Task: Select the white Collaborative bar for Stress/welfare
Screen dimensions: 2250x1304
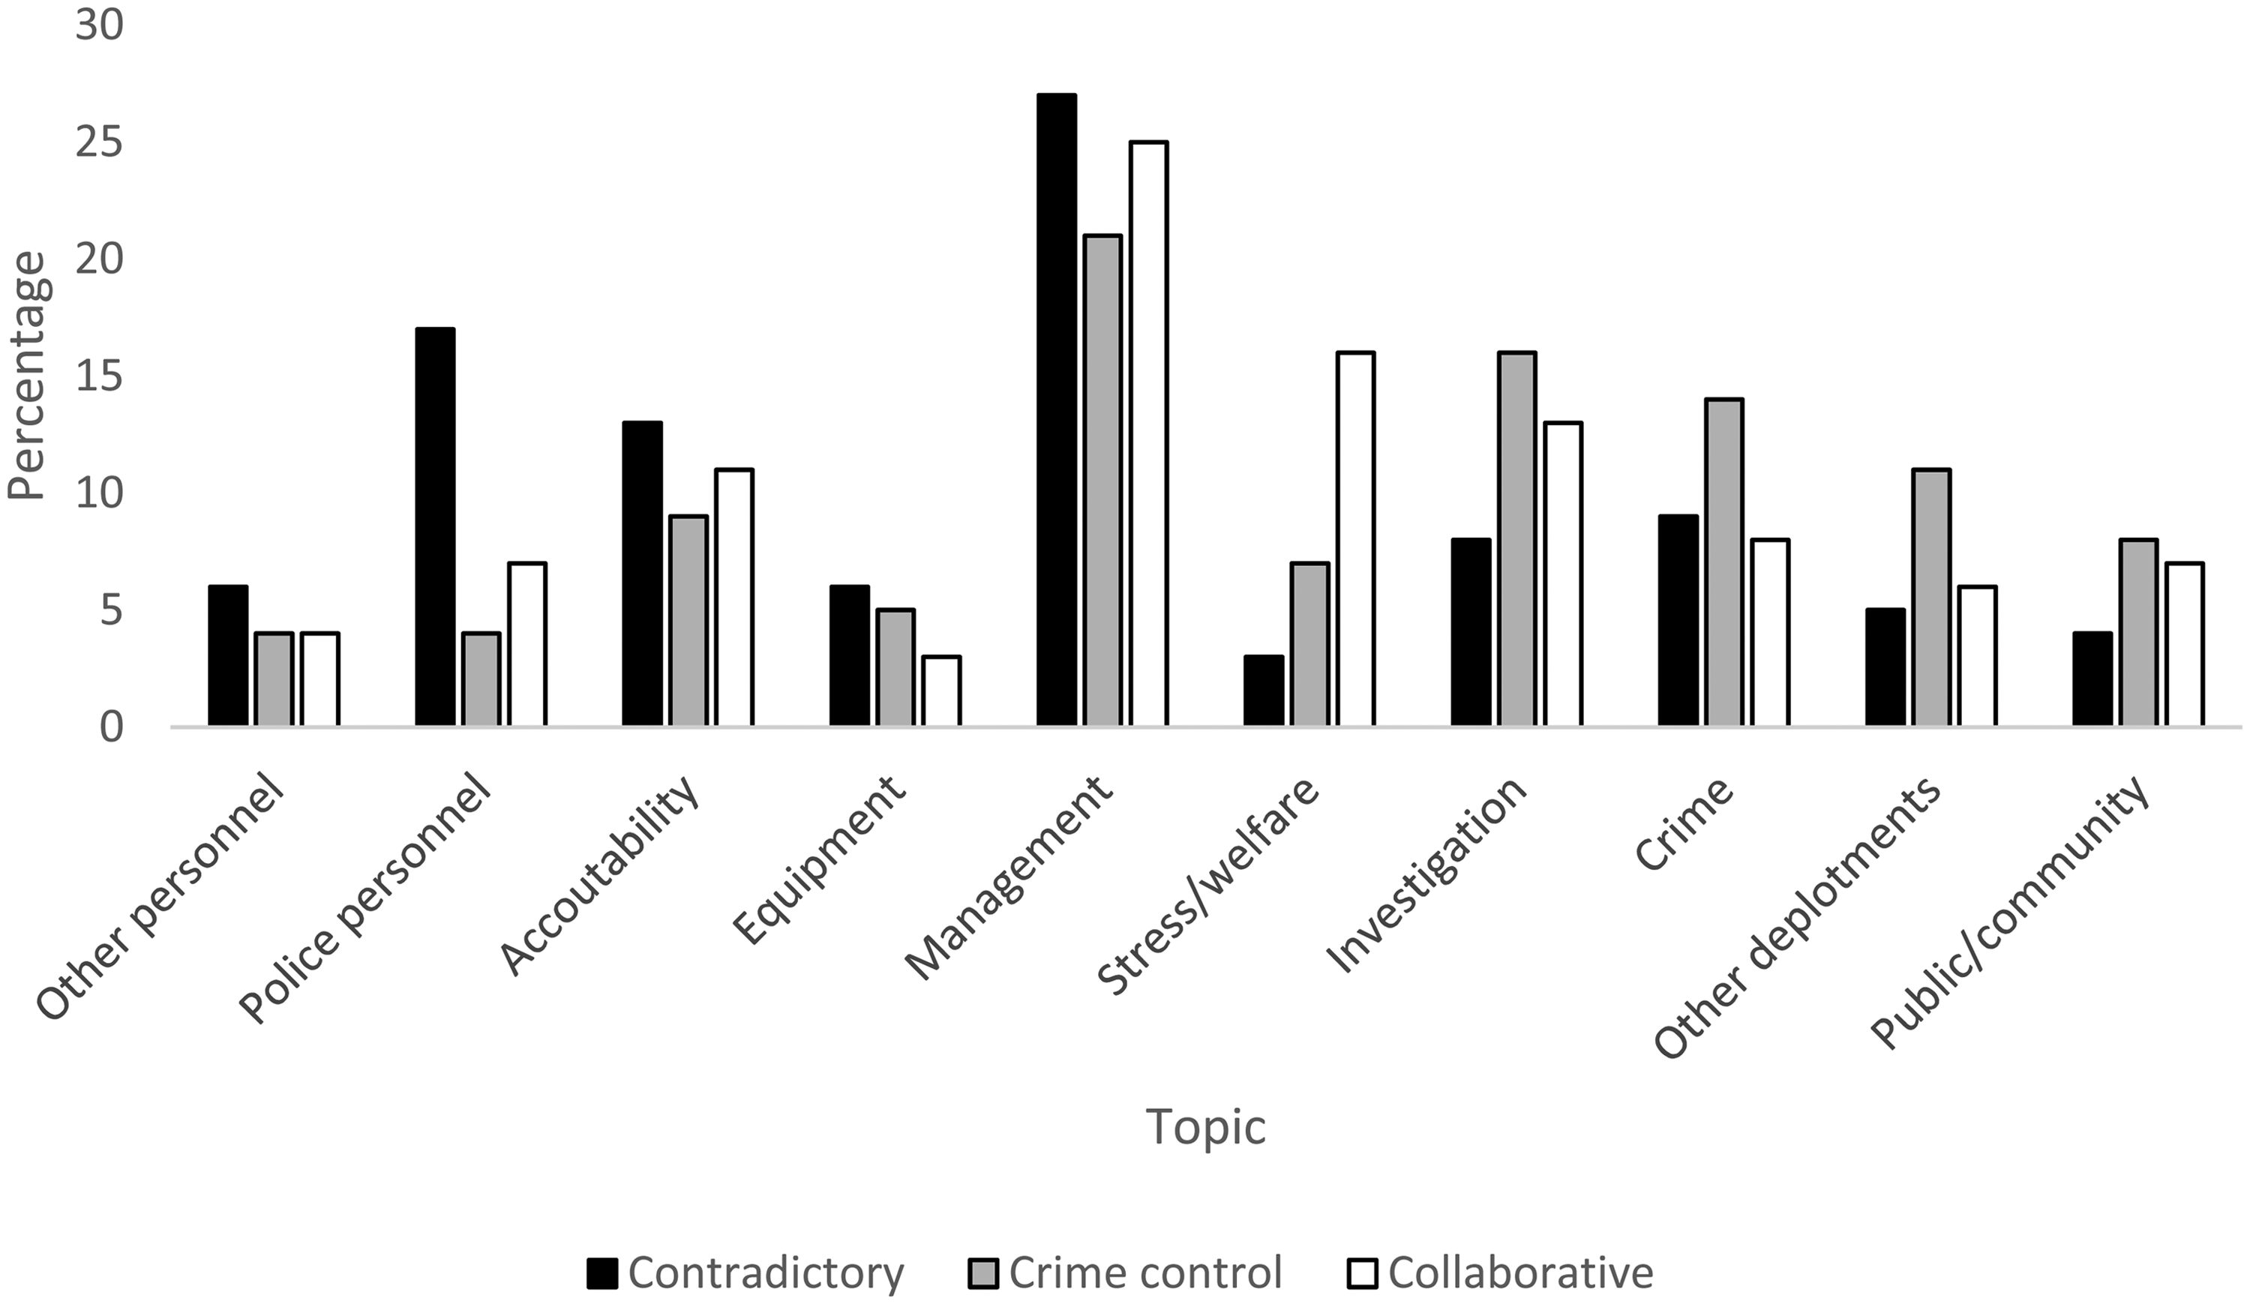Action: point(1355,539)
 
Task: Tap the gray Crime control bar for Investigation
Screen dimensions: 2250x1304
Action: point(1517,539)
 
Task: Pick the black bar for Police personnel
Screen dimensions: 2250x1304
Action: point(435,527)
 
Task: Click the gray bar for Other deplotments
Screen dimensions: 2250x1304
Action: point(1931,598)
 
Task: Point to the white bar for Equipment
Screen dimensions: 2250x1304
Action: point(941,691)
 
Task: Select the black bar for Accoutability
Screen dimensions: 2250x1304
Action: point(642,574)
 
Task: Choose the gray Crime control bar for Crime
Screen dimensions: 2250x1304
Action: point(1724,562)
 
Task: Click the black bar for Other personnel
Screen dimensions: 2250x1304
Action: point(228,656)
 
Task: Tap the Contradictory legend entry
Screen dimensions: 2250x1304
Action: point(745,1272)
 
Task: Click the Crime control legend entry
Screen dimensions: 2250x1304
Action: point(1125,1272)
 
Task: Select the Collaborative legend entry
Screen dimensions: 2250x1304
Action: point(1500,1272)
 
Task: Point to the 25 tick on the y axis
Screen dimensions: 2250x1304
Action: point(98,142)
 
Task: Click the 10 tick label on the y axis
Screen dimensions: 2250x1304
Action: point(98,493)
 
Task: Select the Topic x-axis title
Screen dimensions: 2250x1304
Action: point(1205,1126)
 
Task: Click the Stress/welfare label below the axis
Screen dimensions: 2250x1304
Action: point(1208,886)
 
